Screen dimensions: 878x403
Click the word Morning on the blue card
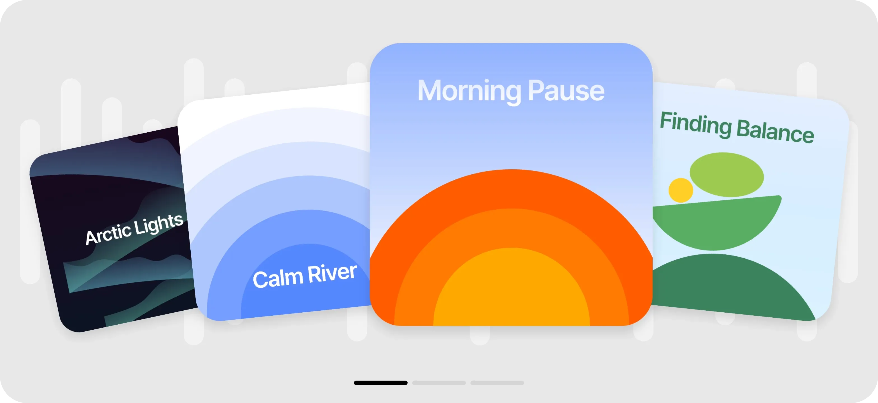click(469, 91)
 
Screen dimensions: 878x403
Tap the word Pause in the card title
click(566, 91)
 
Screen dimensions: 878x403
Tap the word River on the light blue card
click(332, 273)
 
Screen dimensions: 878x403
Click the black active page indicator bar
click(380, 383)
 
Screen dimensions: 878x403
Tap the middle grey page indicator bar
click(439, 383)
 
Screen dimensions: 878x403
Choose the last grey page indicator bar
click(497, 383)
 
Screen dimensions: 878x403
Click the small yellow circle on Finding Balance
click(681, 190)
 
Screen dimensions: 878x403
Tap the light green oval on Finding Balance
click(727, 174)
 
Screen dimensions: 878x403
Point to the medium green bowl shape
click(716, 225)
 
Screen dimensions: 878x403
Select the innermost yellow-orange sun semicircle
click(511, 290)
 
